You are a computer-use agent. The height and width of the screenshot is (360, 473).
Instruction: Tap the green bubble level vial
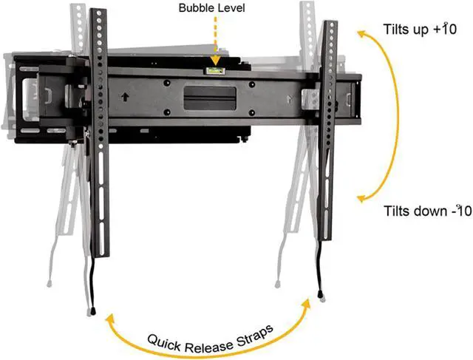pos(216,70)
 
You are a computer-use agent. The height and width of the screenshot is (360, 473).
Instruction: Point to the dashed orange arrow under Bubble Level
pos(215,41)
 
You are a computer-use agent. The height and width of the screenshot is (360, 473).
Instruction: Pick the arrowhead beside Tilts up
pos(361,34)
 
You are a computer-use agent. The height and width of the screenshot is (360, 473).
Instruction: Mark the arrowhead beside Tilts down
pos(363,198)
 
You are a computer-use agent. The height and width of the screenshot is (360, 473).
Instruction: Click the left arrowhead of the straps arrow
pos(111,319)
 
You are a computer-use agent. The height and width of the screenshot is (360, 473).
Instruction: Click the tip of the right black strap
pos(321,295)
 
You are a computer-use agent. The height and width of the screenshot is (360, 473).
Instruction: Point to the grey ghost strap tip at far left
pos(49,282)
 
